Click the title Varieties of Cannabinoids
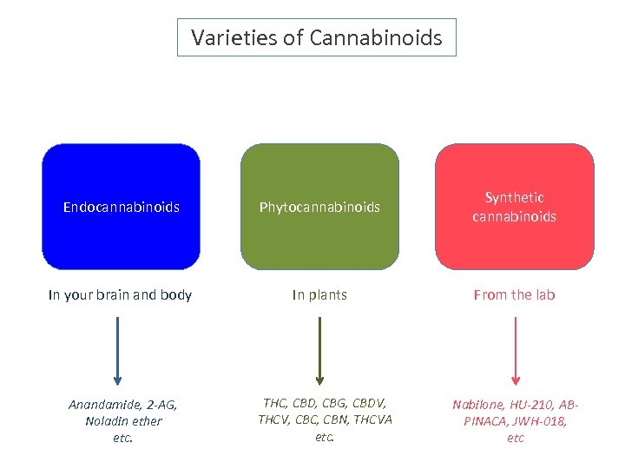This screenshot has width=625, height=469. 316,38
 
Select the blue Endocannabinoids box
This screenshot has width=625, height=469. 121,207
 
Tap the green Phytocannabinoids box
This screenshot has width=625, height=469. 319,207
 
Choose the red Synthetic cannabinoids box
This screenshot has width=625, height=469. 515,207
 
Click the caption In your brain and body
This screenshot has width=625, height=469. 121,295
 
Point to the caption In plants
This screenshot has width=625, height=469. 319,295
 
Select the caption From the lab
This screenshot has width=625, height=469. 515,295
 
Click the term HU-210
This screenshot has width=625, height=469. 533,405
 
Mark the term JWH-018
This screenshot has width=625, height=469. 545,421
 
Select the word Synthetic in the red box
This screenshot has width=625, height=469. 515,198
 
